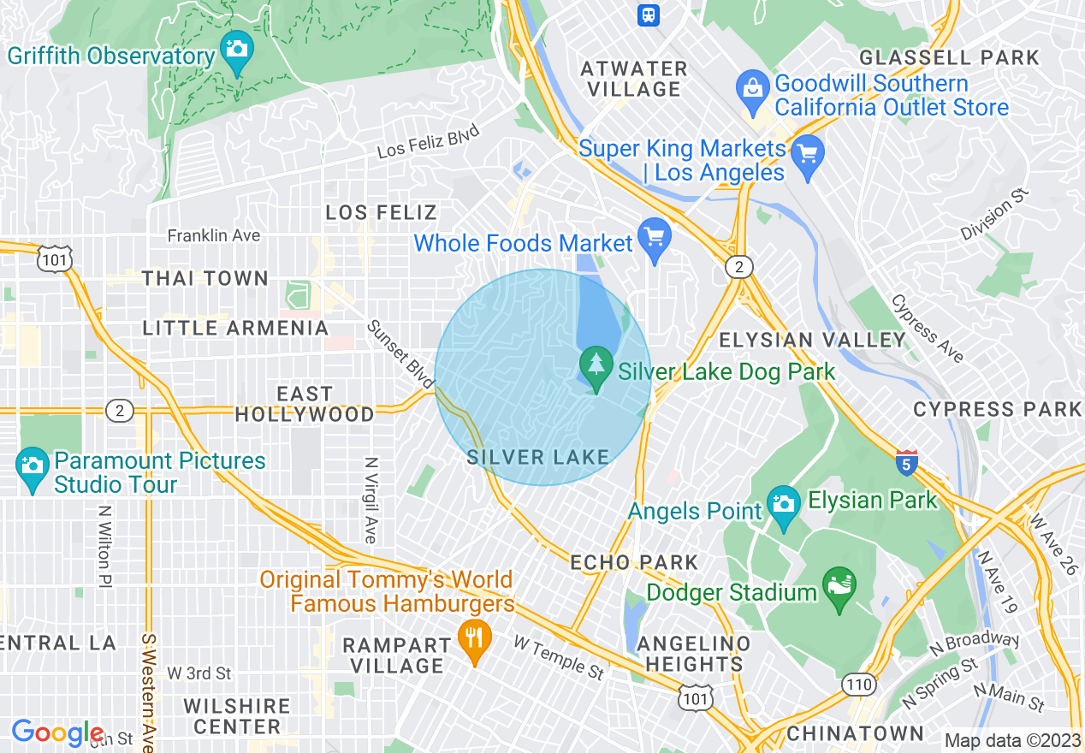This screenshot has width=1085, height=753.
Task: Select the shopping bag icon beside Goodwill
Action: [x=753, y=89]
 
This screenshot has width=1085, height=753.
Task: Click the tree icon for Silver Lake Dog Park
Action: [x=596, y=365]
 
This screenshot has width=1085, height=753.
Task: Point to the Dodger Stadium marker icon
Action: [x=839, y=587]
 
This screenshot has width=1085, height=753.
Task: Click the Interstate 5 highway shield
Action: [x=907, y=462]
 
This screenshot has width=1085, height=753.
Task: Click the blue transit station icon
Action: [x=648, y=14]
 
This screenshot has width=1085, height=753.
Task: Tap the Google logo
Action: [x=56, y=732]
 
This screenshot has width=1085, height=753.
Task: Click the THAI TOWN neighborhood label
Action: [x=205, y=279]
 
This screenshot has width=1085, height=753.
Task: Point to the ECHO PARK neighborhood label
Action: [x=635, y=563]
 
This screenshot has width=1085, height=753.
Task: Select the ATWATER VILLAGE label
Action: [x=634, y=79]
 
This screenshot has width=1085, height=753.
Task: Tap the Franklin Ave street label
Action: [x=214, y=235]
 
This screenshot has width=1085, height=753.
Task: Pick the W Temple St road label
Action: [x=559, y=656]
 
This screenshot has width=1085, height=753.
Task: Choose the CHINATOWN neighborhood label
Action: [x=855, y=733]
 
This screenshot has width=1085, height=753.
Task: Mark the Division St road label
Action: [x=993, y=215]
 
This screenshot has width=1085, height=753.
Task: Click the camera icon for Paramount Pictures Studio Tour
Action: [x=32, y=465]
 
